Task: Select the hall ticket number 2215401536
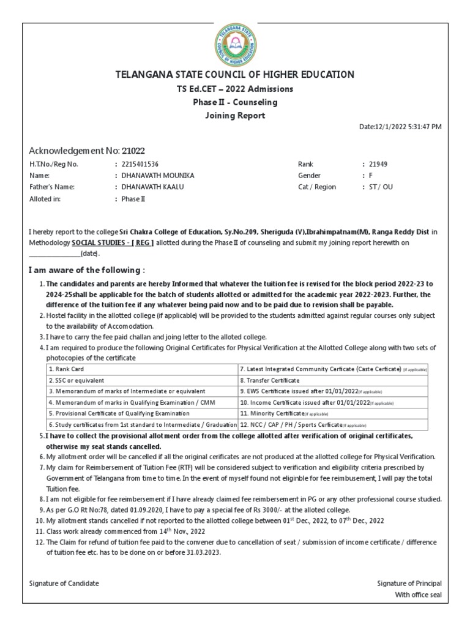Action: click(x=141, y=164)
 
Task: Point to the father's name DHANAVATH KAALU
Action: click(x=152, y=187)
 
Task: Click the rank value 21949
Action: click(x=378, y=164)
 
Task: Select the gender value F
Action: click(x=371, y=176)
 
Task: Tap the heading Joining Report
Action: click(x=235, y=115)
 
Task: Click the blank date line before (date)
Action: click(x=54, y=253)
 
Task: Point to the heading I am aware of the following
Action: click(x=88, y=271)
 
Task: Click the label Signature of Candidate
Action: click(x=64, y=584)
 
